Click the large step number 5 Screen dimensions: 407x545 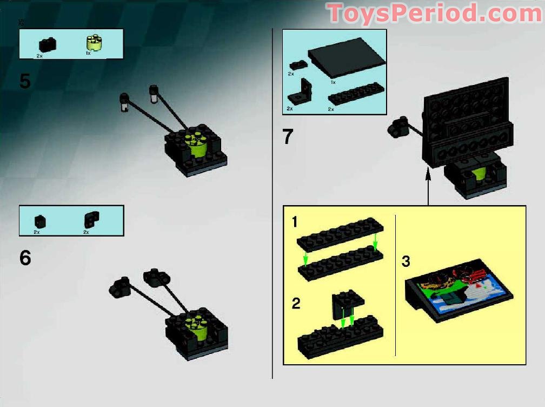tap(25, 81)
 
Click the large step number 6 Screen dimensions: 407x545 tap(25, 258)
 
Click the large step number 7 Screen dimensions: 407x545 tap(288, 136)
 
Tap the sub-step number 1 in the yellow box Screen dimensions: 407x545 tap(294, 221)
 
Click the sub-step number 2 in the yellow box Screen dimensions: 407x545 tap(296, 303)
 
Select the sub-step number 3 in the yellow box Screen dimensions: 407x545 tap(406, 262)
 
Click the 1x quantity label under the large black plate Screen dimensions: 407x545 tap(333, 82)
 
